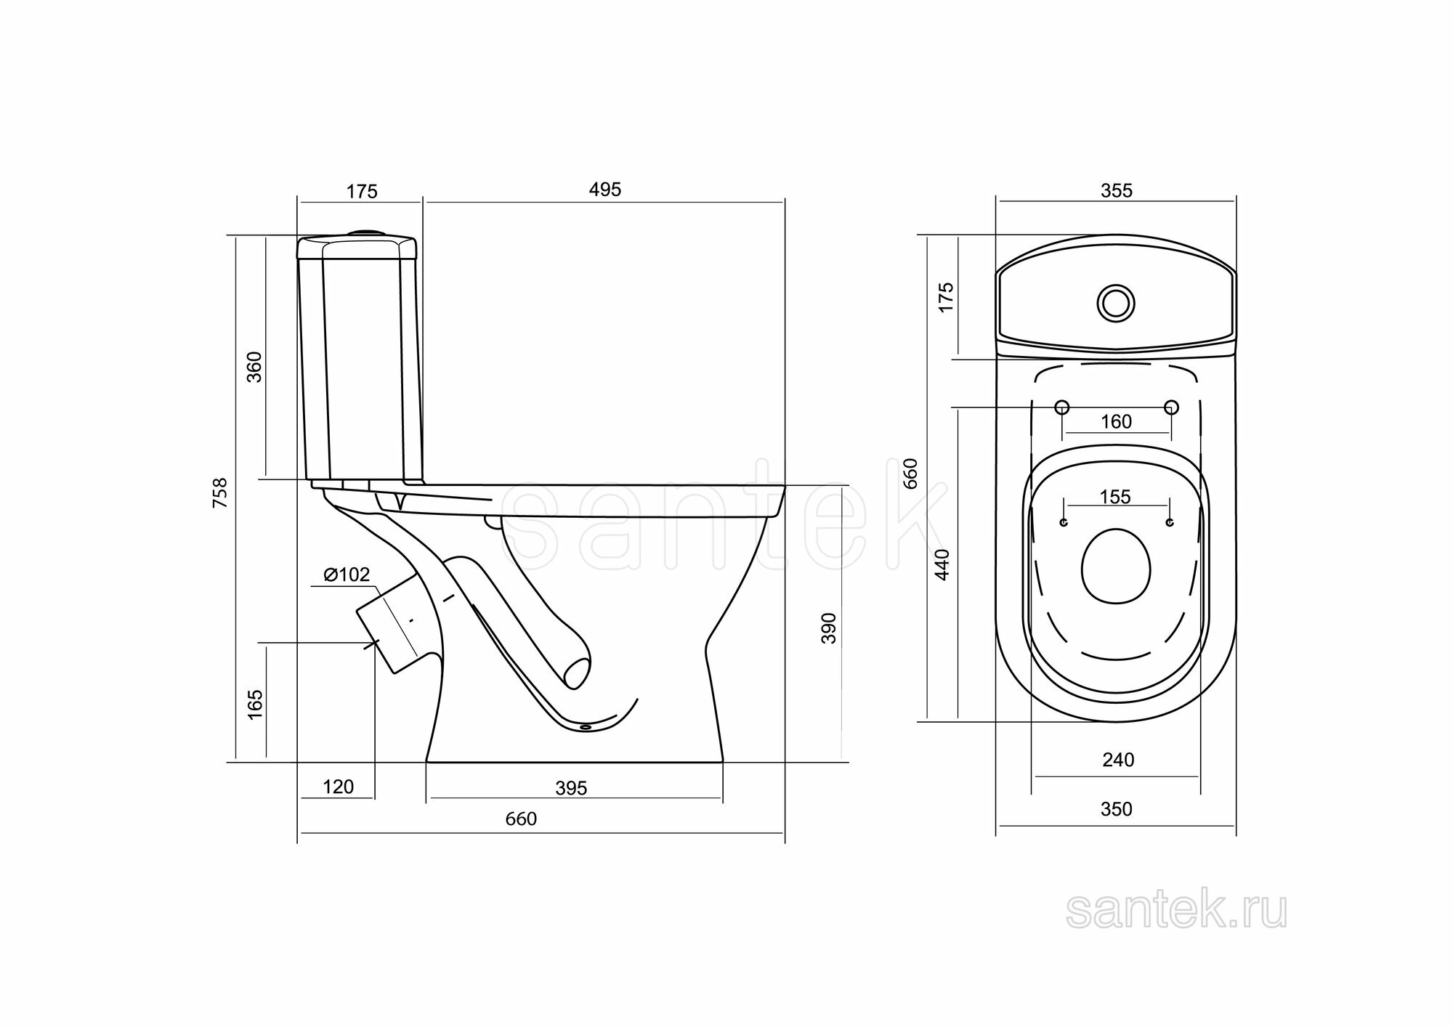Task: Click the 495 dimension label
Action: click(x=605, y=190)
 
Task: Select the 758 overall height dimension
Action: click(x=220, y=492)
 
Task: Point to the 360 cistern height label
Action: click(x=254, y=367)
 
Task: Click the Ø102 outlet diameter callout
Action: click(x=347, y=575)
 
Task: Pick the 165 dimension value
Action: click(x=255, y=705)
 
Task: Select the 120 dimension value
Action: click(x=338, y=787)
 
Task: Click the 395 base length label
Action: click(x=571, y=788)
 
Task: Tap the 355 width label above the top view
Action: click(x=1116, y=190)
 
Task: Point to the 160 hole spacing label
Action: click(x=1116, y=422)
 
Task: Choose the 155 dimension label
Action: click(x=1115, y=497)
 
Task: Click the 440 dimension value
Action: click(x=942, y=564)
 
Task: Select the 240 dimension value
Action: click(x=1117, y=760)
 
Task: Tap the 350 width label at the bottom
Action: click(x=1116, y=809)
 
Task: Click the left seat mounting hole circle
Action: click(x=1061, y=407)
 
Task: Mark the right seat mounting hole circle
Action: click(x=1171, y=407)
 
